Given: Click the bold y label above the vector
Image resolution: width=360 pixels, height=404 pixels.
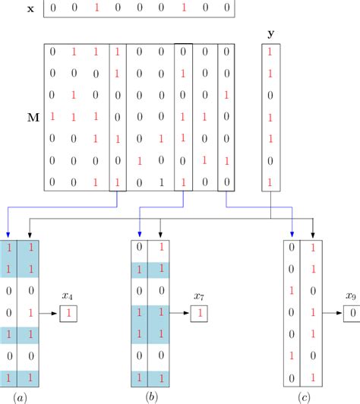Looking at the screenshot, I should point(271,34).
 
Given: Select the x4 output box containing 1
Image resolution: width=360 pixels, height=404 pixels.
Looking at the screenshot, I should point(68,312).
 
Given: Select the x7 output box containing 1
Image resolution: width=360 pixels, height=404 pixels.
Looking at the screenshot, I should point(199,312).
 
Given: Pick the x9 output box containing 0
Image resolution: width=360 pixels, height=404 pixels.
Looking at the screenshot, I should point(350,312).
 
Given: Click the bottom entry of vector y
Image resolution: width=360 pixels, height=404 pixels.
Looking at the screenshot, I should point(271,182).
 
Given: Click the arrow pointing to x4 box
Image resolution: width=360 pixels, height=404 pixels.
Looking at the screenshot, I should point(52,312).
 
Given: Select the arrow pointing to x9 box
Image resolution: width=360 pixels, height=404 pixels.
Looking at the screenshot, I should point(334,312).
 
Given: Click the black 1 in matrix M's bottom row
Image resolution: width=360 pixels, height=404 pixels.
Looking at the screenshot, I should point(162,182).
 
